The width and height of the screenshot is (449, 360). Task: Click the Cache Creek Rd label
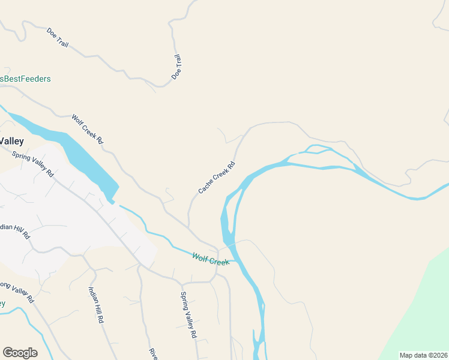(217, 178)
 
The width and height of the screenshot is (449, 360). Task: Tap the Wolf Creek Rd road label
(88, 129)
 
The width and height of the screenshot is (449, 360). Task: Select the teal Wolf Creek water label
(211, 260)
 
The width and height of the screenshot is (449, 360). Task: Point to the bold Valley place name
(11, 142)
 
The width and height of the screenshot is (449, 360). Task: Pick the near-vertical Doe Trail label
(176, 68)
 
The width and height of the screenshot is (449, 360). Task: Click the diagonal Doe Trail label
(58, 37)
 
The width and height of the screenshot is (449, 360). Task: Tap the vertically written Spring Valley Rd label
(189, 315)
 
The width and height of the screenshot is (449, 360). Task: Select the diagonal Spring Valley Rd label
(33, 163)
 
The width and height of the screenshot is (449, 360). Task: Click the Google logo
(20, 353)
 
